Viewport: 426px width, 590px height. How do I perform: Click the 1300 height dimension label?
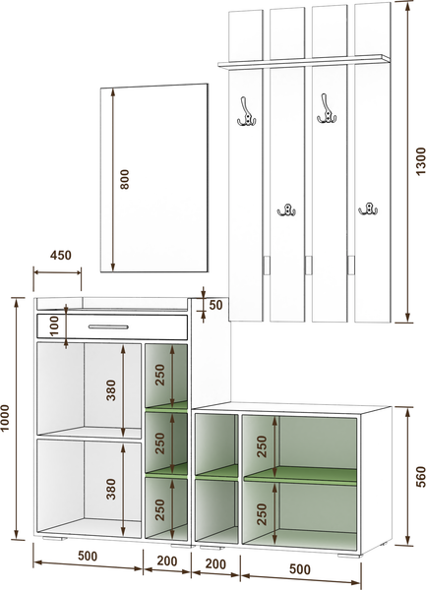click(421, 161)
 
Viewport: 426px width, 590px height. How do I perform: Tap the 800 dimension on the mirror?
click(124, 180)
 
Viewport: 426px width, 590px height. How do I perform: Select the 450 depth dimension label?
click(61, 255)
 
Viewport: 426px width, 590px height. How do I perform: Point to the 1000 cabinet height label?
click(5, 418)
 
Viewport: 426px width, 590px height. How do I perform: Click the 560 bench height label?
click(421, 477)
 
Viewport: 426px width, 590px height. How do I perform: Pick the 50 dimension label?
click(216, 305)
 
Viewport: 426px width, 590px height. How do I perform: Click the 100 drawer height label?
click(54, 325)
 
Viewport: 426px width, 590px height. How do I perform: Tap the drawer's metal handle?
click(108, 326)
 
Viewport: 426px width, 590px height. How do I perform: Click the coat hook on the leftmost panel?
click(246, 111)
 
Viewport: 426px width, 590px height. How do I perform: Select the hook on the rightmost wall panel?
click(368, 208)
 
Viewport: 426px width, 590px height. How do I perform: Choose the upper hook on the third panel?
click(327, 109)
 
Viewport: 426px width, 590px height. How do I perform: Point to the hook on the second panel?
click(286, 210)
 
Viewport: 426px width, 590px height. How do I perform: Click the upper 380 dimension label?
click(111, 390)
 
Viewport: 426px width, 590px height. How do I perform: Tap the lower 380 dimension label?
click(111, 489)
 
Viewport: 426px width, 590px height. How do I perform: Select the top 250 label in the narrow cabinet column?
click(160, 375)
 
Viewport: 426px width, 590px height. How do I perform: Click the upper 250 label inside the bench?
click(262, 446)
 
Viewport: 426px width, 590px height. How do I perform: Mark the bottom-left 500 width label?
click(88, 556)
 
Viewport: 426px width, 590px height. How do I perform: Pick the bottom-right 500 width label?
click(300, 569)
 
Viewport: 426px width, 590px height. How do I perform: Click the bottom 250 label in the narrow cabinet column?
click(160, 509)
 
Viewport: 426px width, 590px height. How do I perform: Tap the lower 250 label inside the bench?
click(262, 514)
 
